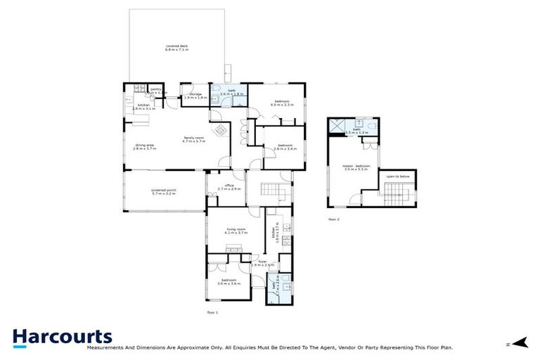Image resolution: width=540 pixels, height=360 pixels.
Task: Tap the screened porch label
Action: pyautogui.click(x=162, y=191)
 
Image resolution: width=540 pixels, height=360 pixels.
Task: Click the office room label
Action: pyautogui.click(x=229, y=186)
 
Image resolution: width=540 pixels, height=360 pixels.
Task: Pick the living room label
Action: pyautogui.click(x=236, y=230)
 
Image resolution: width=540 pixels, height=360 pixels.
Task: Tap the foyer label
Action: pyautogui.click(x=263, y=262)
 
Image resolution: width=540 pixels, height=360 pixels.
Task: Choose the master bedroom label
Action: pyautogui.click(x=357, y=167)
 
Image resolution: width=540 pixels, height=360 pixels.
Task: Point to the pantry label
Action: pyautogui.click(x=157, y=90)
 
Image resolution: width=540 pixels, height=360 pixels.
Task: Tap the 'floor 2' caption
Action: pyautogui.click(x=334, y=219)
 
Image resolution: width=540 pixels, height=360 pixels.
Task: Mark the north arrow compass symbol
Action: pyautogui.click(x=520, y=343)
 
